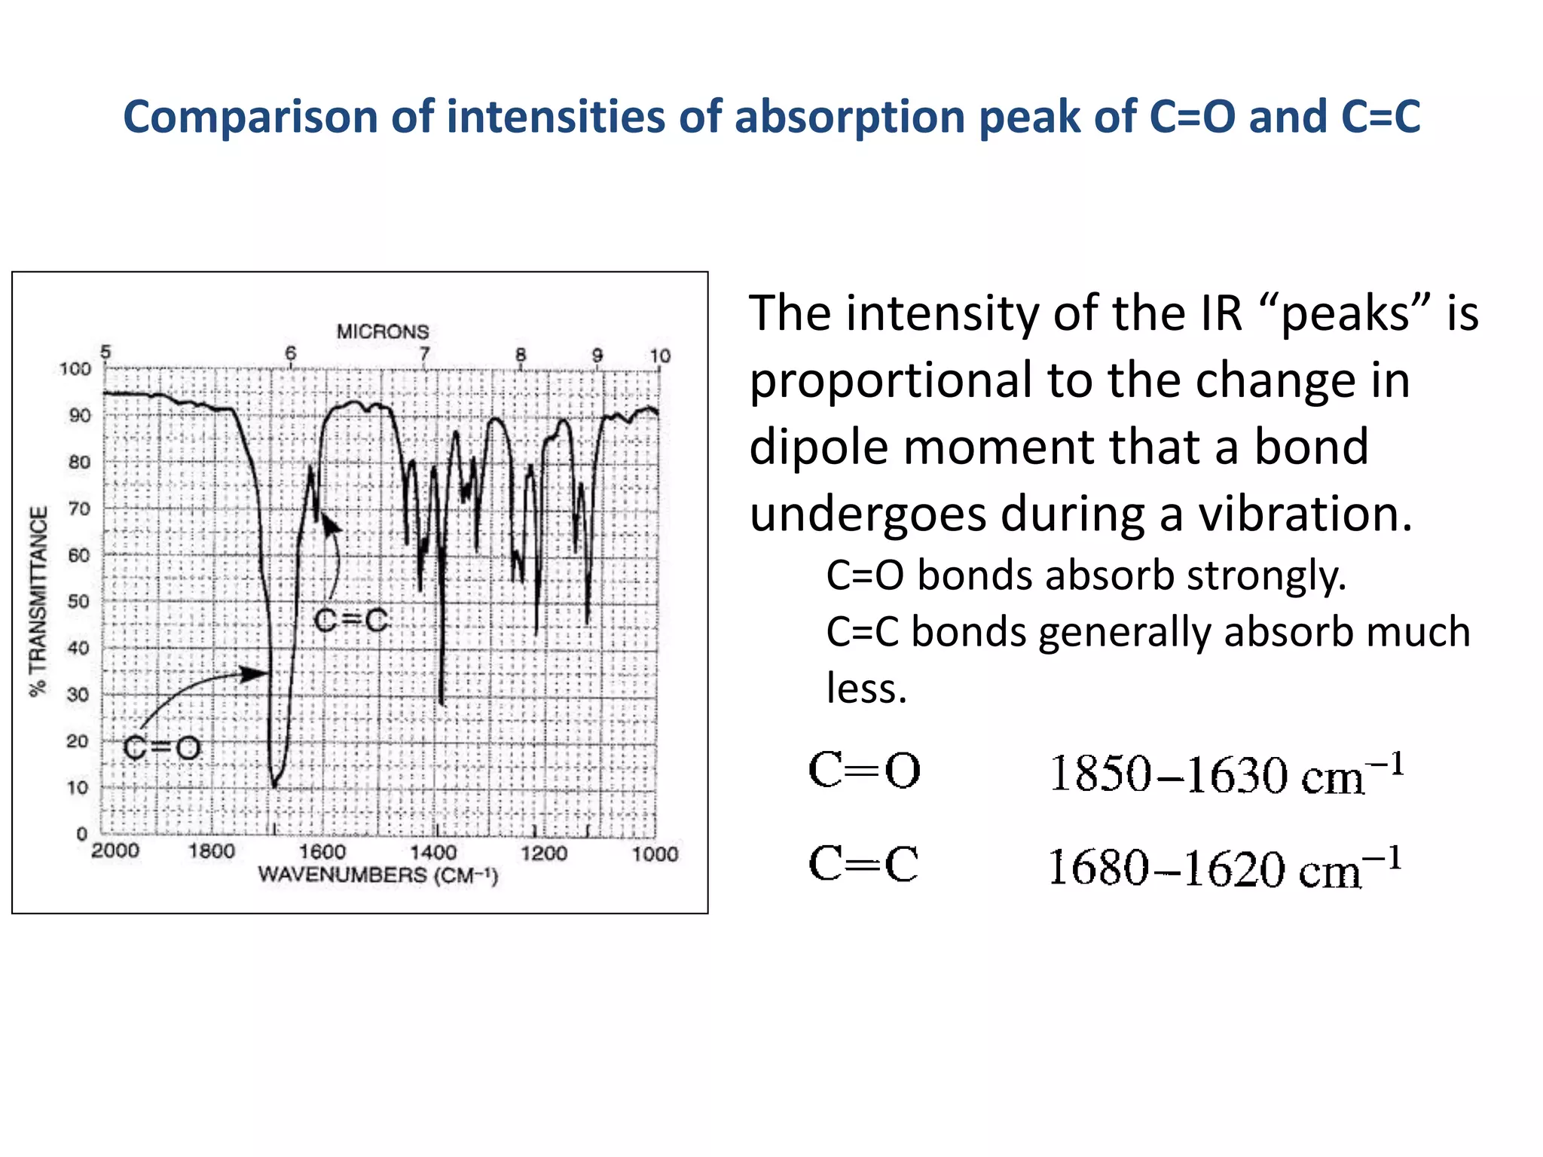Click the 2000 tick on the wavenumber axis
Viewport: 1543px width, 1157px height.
pyautogui.click(x=115, y=851)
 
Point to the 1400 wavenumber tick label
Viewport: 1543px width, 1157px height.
pyautogui.click(x=433, y=853)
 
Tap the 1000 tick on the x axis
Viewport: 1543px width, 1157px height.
pyautogui.click(x=655, y=853)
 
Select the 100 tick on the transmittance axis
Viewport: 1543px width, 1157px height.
pyautogui.click(x=75, y=369)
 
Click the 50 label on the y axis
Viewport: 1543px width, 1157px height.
pyautogui.click(x=78, y=602)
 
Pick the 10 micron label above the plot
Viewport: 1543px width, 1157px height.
pyautogui.click(x=660, y=356)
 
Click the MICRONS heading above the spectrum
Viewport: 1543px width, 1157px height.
pyautogui.click(x=383, y=331)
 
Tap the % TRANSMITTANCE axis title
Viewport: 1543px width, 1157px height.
pyautogui.click(x=38, y=601)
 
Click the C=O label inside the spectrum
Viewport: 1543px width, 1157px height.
pyautogui.click(x=162, y=748)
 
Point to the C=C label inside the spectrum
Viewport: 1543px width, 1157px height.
pyautogui.click(x=351, y=621)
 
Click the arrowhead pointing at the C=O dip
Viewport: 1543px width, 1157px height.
pyautogui.click(x=256, y=673)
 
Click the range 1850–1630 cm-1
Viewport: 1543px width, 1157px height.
pyautogui.click(x=1226, y=774)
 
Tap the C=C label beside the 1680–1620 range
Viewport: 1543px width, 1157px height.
pyautogui.click(x=863, y=863)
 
